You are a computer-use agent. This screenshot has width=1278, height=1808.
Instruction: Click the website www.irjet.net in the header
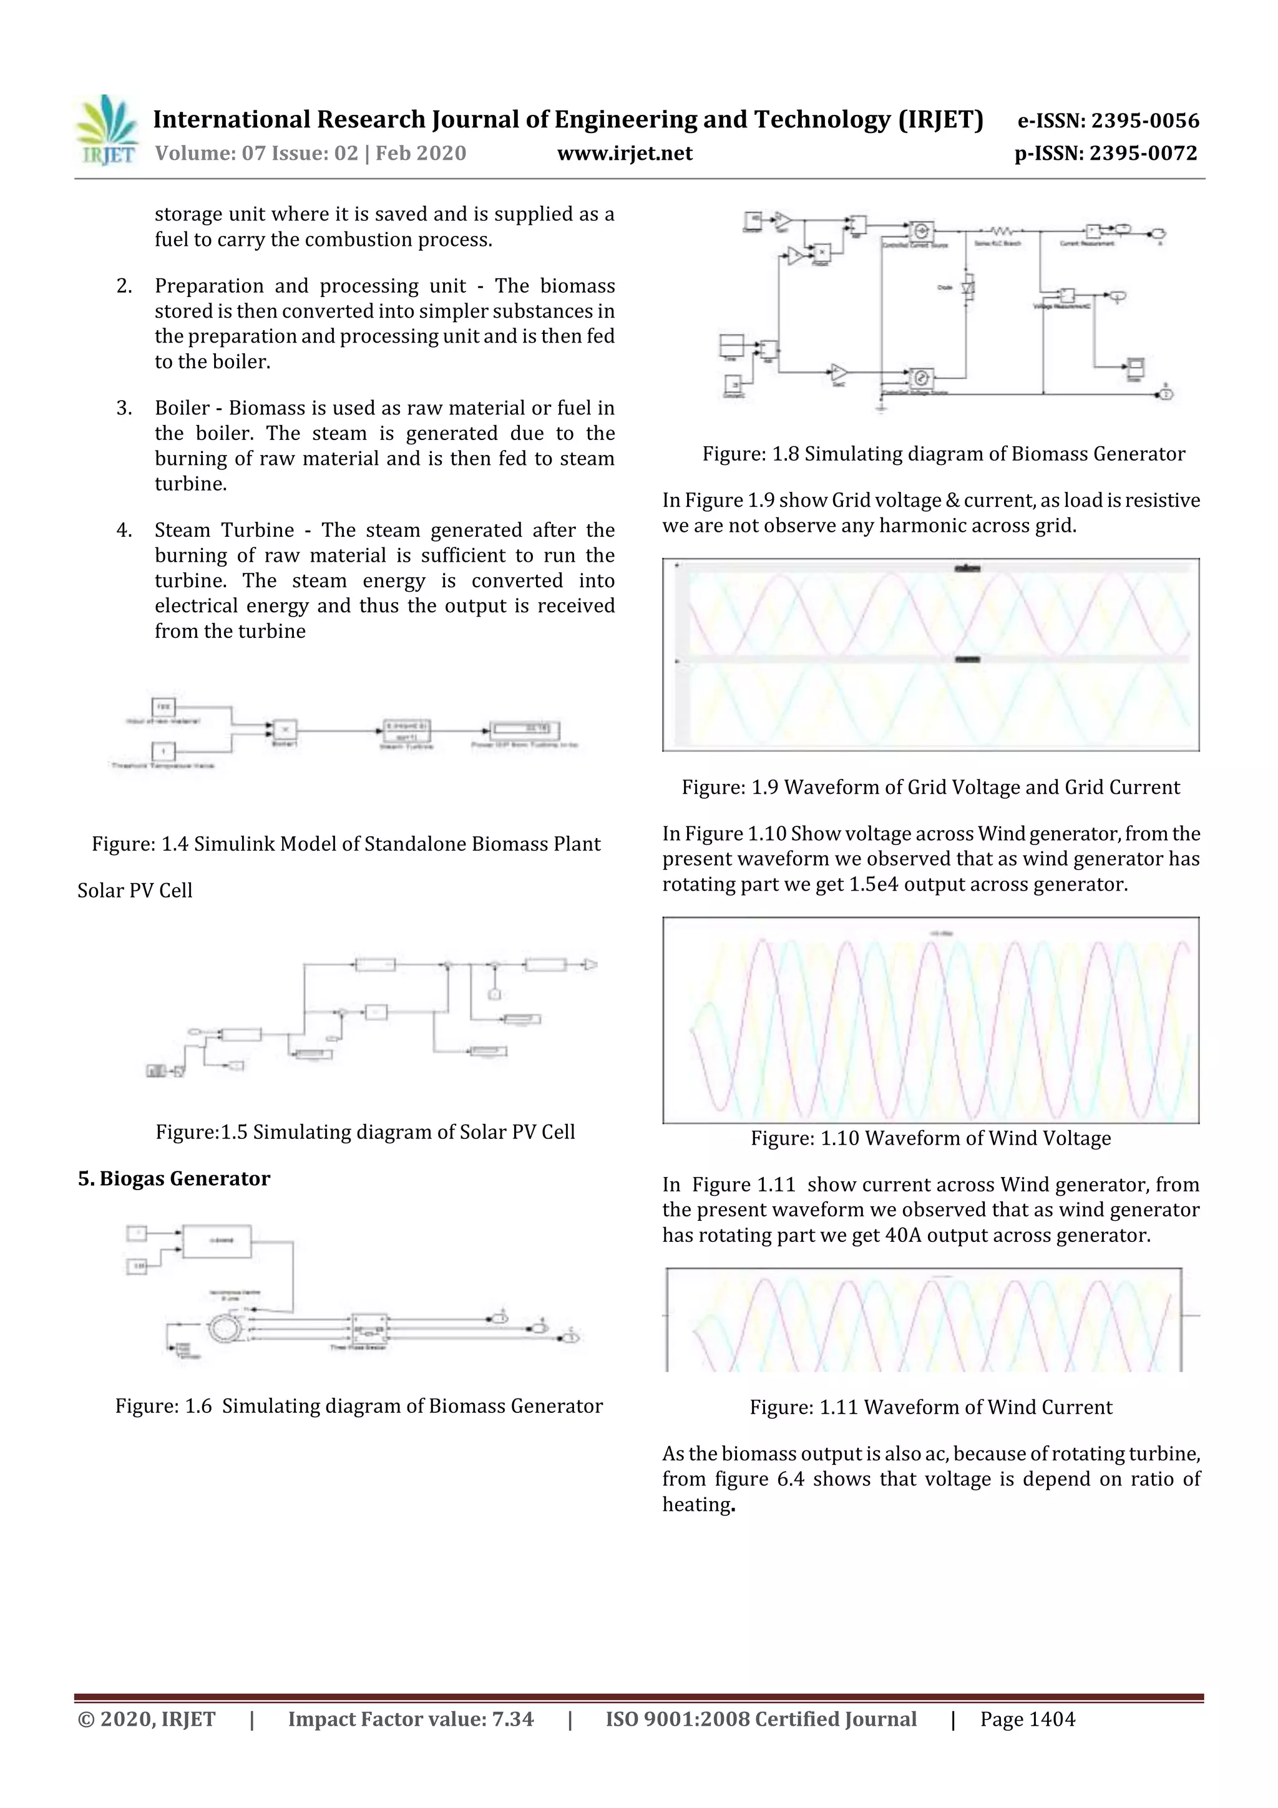[x=625, y=154]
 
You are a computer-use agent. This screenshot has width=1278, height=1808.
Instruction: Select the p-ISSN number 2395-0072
[x=1143, y=154]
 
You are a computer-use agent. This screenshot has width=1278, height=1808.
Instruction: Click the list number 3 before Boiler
[x=124, y=408]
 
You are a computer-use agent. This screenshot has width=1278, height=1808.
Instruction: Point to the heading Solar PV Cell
[x=135, y=891]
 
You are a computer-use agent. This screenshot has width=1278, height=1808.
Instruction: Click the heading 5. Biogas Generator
[x=174, y=1179]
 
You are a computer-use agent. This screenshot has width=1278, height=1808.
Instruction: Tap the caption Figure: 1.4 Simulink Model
[x=346, y=844]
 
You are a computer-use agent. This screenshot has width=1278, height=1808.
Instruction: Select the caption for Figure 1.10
[x=931, y=1139]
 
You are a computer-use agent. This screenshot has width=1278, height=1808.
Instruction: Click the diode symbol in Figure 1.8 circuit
[x=968, y=288]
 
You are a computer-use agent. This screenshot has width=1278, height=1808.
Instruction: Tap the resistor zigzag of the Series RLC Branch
[x=1000, y=232]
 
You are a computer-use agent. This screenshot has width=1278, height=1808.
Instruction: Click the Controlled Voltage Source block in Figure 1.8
[x=921, y=376]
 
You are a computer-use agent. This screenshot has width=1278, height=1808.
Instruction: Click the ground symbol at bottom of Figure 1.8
[x=881, y=407]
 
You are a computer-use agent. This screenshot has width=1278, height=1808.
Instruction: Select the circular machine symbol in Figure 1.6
[x=227, y=1329]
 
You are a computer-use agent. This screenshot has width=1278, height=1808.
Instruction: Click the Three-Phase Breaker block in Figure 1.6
[x=369, y=1330]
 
